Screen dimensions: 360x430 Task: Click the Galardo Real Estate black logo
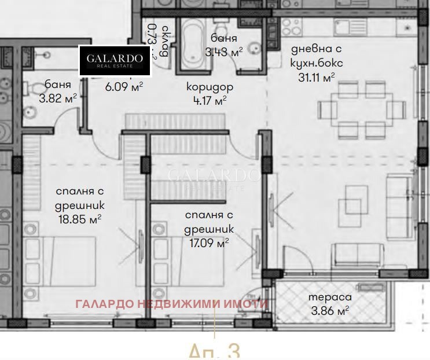click(x=115, y=60)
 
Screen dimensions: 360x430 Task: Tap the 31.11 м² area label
click(x=317, y=76)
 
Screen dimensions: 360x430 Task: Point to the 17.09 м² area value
click(x=209, y=242)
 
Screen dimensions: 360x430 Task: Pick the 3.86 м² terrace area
click(x=330, y=311)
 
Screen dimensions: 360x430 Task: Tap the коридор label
click(x=210, y=87)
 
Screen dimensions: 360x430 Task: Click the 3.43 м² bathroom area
click(x=223, y=52)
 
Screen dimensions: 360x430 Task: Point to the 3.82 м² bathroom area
click(x=57, y=98)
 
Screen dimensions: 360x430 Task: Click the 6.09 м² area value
click(x=123, y=86)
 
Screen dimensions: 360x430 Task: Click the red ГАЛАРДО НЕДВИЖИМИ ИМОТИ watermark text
click(x=171, y=303)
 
